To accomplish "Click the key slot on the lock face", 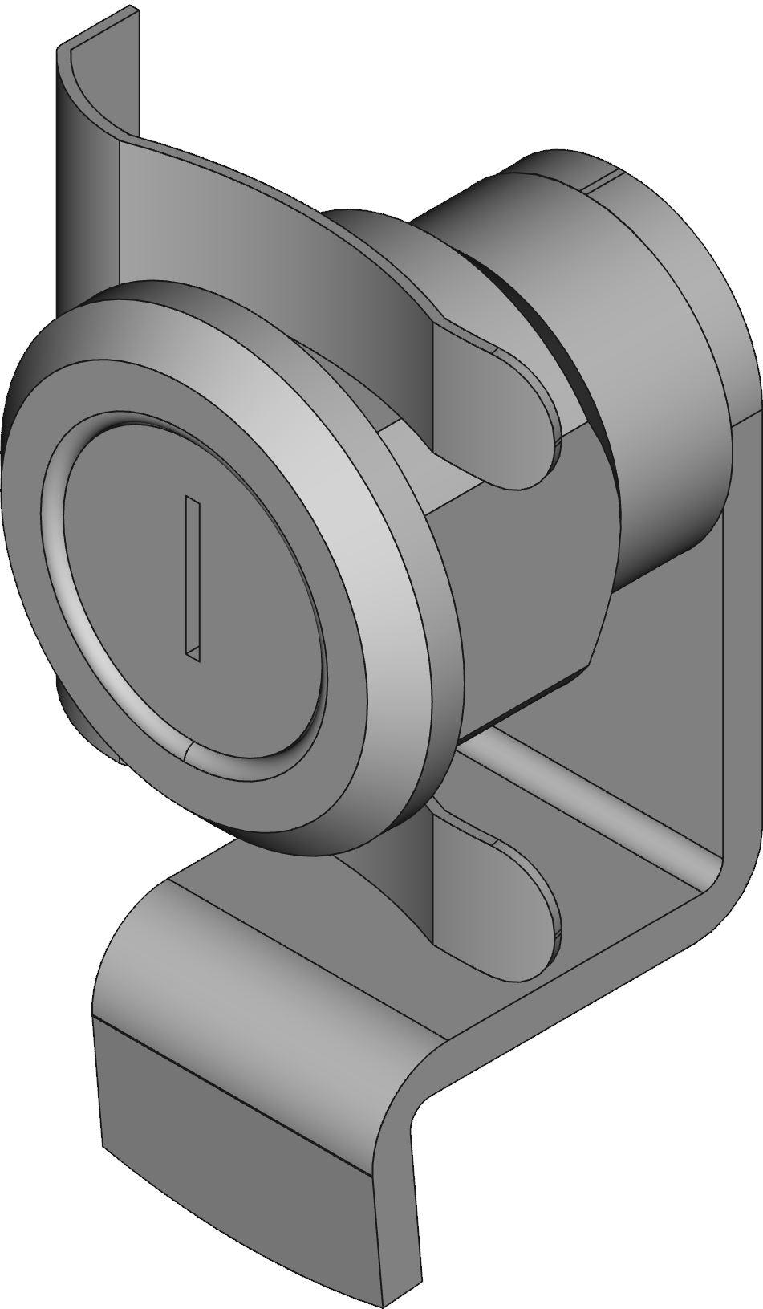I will point(193,578).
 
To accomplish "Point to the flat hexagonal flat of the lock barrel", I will point(522,594).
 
